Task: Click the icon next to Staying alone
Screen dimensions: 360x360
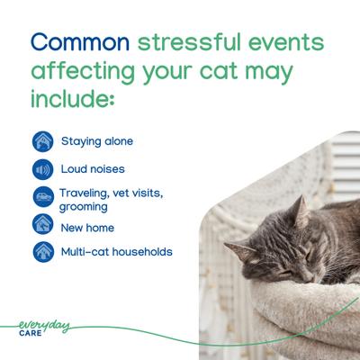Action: point(41,141)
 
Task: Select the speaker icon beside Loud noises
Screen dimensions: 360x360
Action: point(41,169)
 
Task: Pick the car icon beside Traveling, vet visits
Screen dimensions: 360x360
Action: point(41,196)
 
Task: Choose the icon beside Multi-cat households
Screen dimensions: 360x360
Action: point(41,252)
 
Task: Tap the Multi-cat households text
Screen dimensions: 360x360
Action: point(116,252)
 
